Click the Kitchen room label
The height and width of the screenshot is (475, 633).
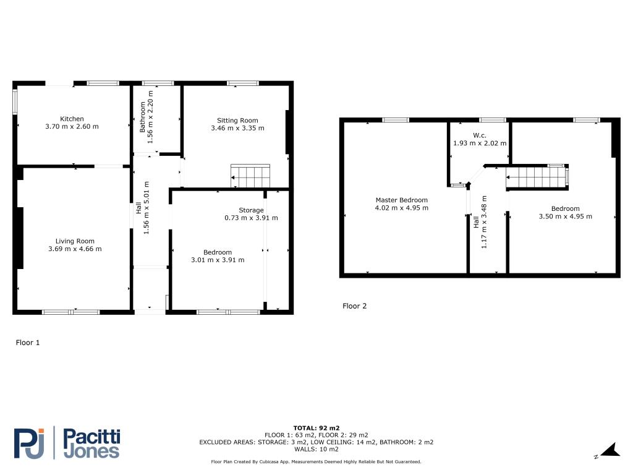72,119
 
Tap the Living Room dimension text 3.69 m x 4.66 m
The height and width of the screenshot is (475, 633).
75,249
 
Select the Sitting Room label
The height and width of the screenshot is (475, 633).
237,121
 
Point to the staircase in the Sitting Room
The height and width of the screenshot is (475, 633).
250,176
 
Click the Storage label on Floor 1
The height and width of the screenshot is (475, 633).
251,210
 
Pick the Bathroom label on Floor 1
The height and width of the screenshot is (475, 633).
143,117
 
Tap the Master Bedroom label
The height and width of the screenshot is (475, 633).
402,200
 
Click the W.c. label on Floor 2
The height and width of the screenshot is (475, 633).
480,135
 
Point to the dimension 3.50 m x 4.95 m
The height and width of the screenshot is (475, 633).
566,216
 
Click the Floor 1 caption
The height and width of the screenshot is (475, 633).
28,343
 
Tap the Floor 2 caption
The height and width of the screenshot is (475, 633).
354,306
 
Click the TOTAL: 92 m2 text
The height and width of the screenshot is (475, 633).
316,428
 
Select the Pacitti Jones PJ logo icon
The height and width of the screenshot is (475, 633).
29,443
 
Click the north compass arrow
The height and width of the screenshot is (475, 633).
610,450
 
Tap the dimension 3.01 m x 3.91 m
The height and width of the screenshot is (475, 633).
218,260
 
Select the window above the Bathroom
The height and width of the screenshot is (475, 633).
158,83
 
